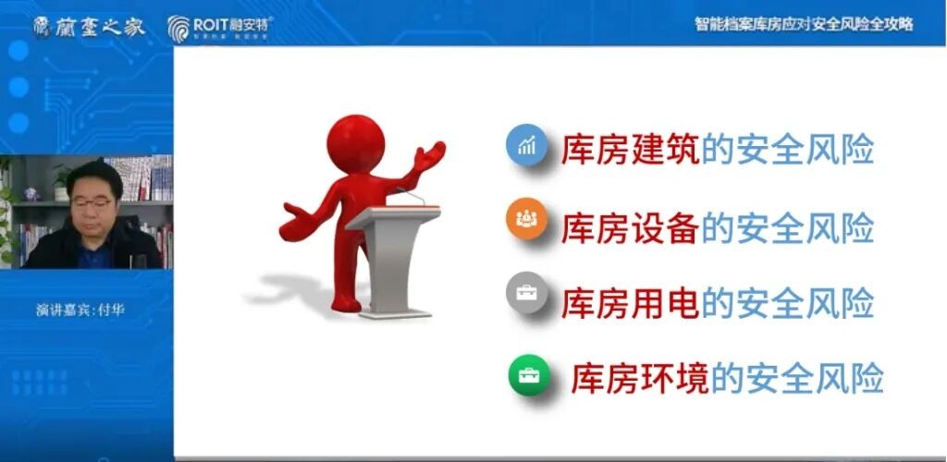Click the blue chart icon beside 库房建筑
click(x=526, y=145)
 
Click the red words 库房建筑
click(x=630, y=150)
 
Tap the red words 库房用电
click(x=630, y=301)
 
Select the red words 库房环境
click(x=639, y=378)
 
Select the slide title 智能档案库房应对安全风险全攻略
click(x=804, y=24)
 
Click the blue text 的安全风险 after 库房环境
click(x=795, y=378)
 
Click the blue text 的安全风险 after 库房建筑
click(x=787, y=150)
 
